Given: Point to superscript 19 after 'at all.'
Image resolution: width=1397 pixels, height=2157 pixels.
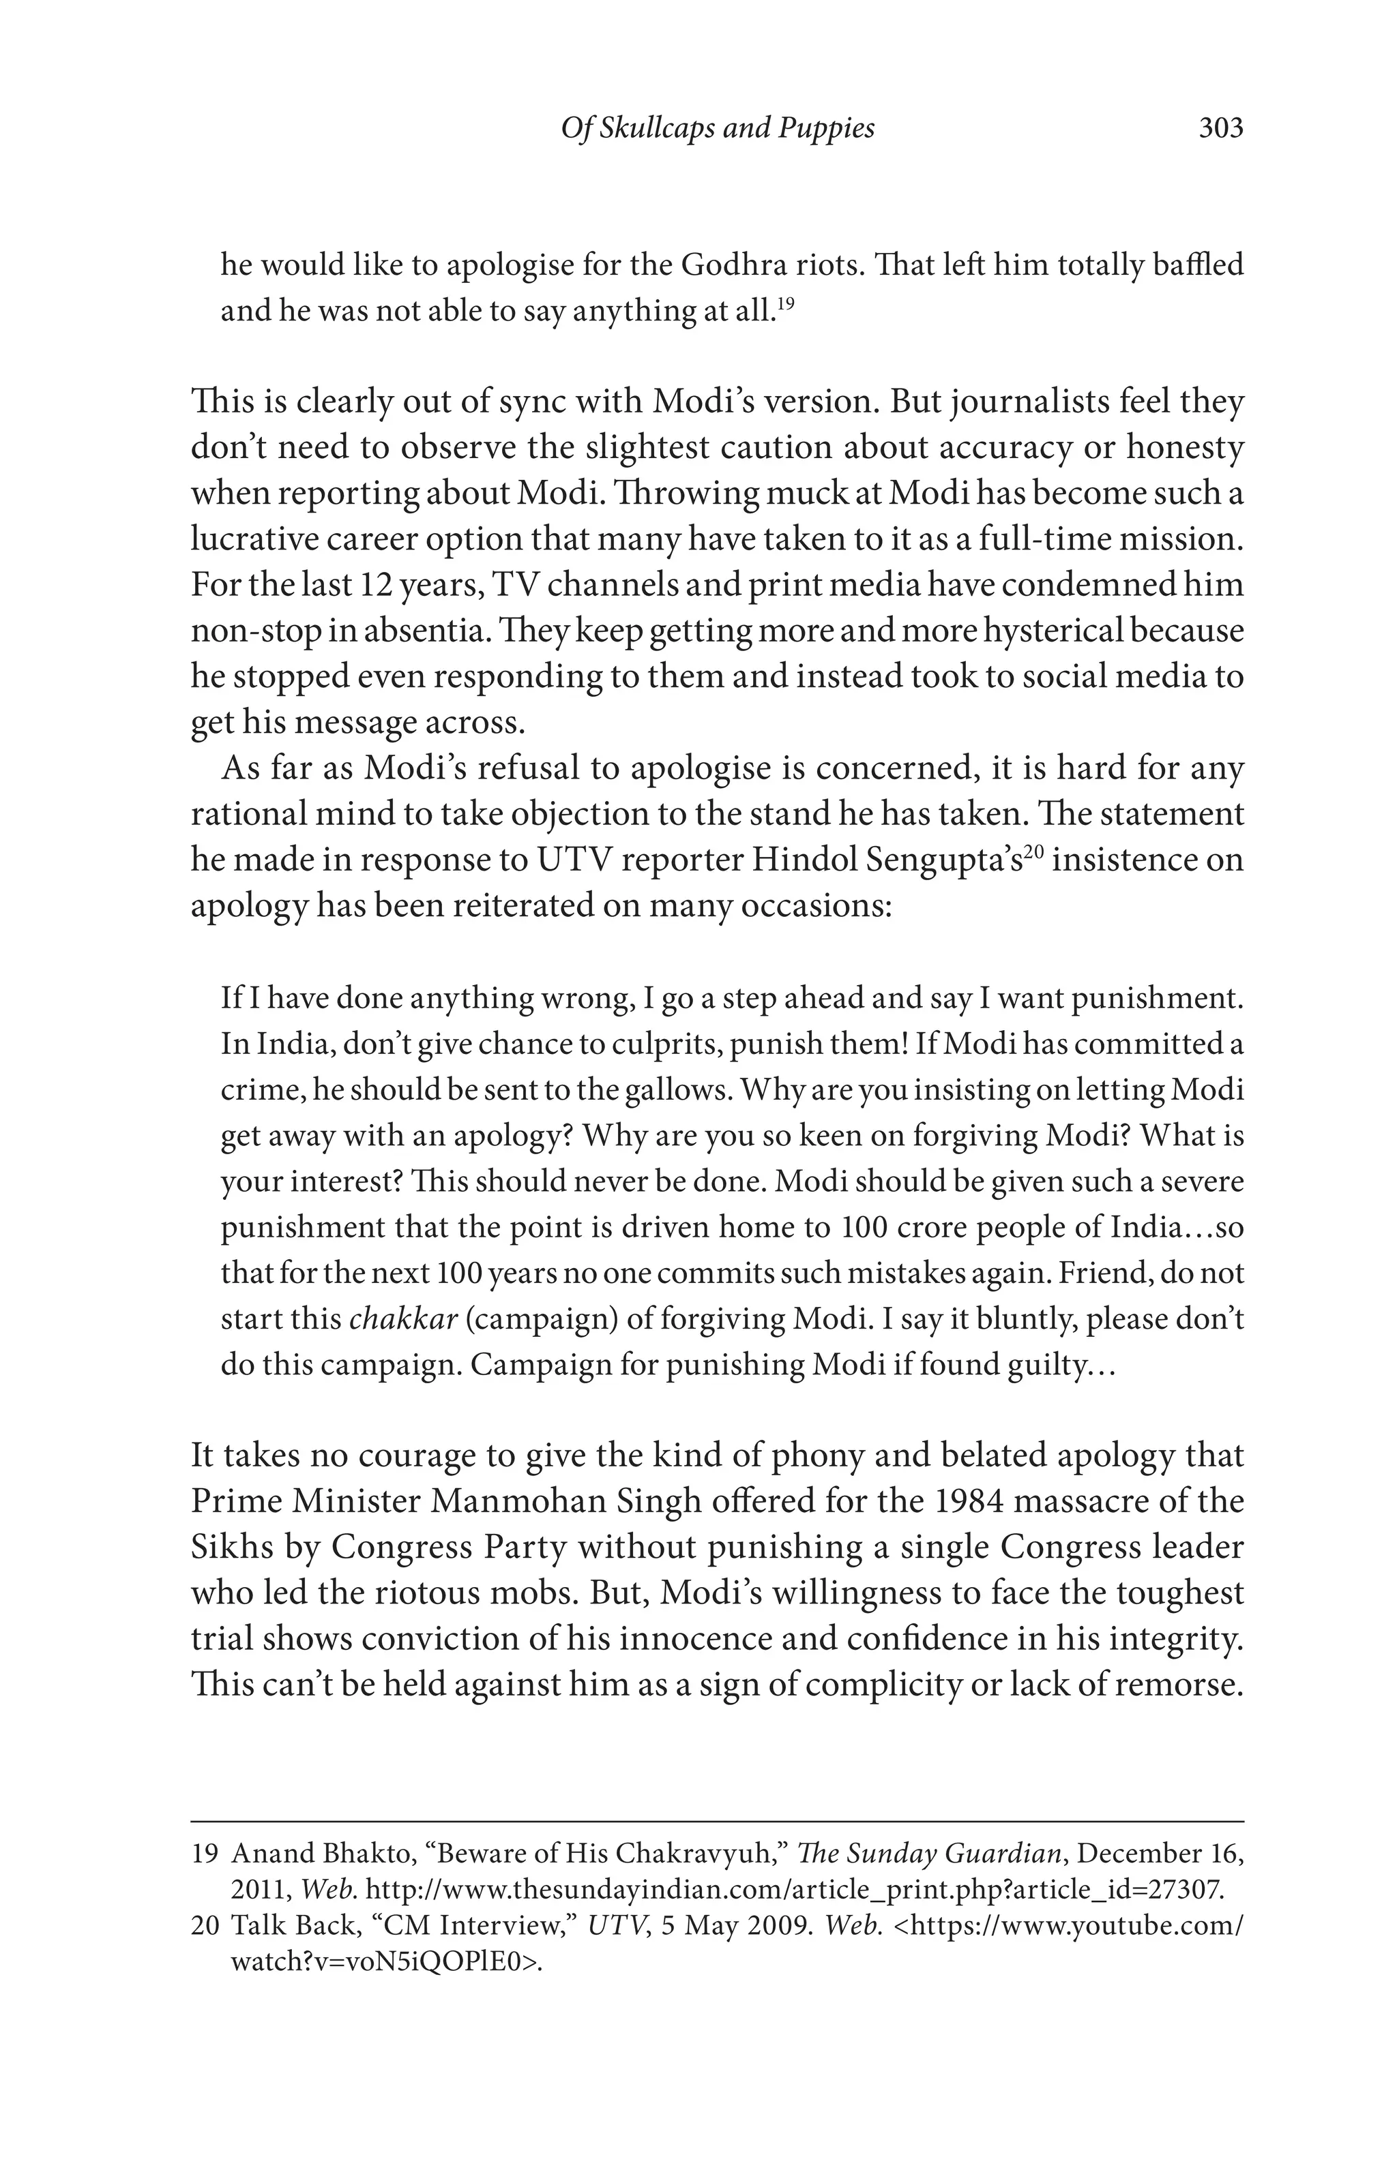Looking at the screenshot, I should (786, 303).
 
